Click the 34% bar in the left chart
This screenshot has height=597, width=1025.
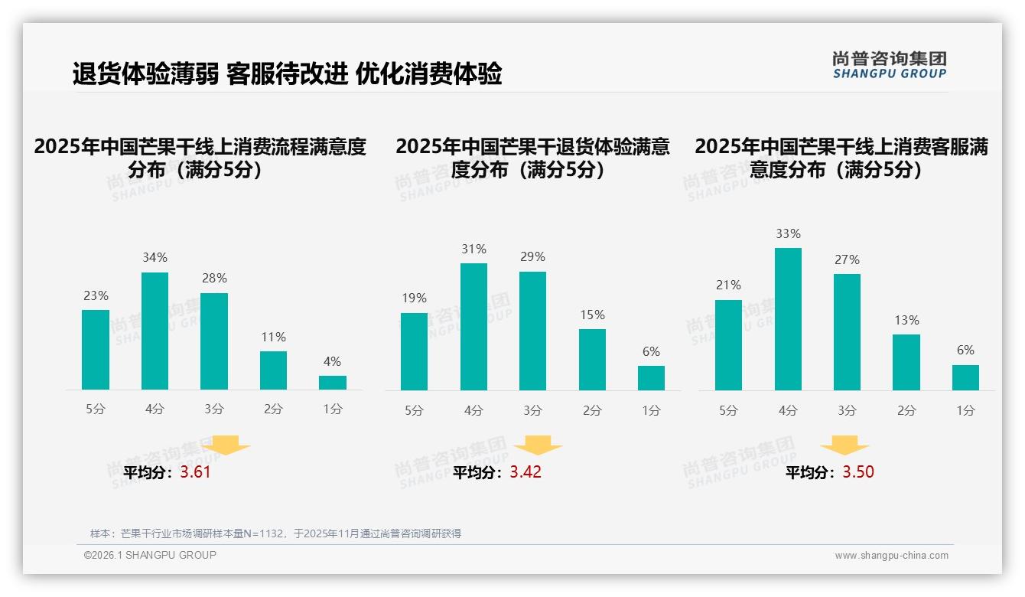(155, 331)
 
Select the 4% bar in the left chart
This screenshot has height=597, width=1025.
(333, 383)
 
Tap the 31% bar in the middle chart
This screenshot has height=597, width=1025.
(473, 327)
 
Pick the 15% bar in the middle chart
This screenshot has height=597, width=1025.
(592, 360)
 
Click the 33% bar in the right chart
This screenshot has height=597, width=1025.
(788, 319)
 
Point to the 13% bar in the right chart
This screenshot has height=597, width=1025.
(906, 362)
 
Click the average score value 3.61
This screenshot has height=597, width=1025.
(195, 472)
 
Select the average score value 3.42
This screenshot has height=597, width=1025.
(526, 472)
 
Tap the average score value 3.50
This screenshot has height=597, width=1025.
(858, 472)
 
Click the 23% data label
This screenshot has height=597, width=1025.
(96, 295)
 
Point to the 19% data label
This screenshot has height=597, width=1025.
(414, 298)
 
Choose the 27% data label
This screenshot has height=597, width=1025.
(847, 260)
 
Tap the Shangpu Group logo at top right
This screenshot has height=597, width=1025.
(889, 65)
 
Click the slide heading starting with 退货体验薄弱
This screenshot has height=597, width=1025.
(287, 74)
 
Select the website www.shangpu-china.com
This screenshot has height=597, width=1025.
(891, 556)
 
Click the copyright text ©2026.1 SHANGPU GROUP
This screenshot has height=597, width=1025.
(150, 555)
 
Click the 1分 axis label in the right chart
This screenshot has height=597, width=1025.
(965, 411)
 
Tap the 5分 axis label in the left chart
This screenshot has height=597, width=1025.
(96, 409)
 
